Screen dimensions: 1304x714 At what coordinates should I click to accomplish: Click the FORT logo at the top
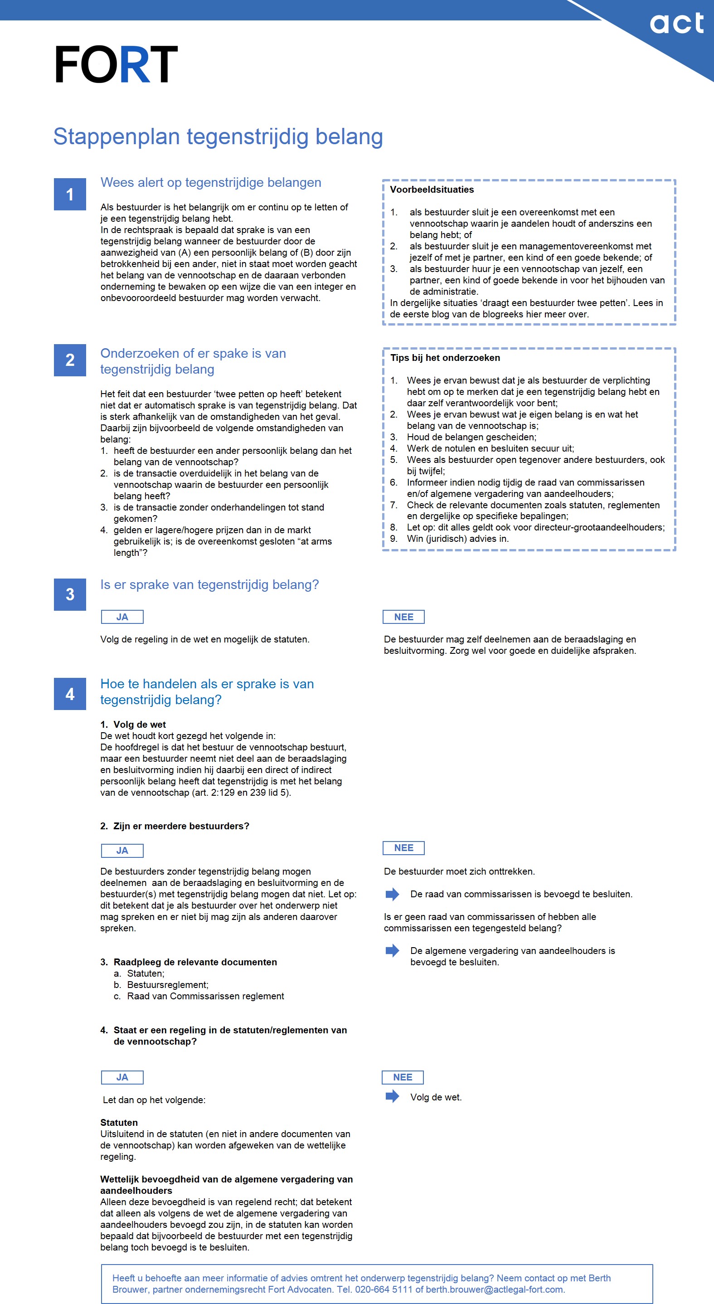116,64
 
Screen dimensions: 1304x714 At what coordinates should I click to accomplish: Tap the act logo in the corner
676,24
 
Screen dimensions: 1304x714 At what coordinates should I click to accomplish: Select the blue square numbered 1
70,194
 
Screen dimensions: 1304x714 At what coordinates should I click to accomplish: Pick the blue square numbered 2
70,360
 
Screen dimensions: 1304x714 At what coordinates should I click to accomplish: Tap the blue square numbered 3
70,594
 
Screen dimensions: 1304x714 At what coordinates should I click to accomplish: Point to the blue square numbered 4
70,694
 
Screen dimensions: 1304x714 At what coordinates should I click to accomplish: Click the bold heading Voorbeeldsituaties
432,190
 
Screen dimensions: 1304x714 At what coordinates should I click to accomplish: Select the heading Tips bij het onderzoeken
445,357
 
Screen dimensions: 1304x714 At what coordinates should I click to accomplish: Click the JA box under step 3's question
122,617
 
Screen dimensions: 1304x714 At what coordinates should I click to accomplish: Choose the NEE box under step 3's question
403,617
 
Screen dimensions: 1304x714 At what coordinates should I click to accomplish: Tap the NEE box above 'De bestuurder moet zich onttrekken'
403,847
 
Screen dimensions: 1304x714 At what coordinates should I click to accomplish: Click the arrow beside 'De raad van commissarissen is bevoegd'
392,894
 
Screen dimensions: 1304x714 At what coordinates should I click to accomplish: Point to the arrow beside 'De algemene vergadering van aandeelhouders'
392,950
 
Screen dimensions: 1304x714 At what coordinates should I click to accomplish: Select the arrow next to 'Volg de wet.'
392,1096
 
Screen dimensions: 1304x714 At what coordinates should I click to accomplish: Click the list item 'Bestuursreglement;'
167,985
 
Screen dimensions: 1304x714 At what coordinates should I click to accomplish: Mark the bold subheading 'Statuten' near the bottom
119,1122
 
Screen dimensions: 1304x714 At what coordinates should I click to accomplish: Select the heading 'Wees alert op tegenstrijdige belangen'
210,182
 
